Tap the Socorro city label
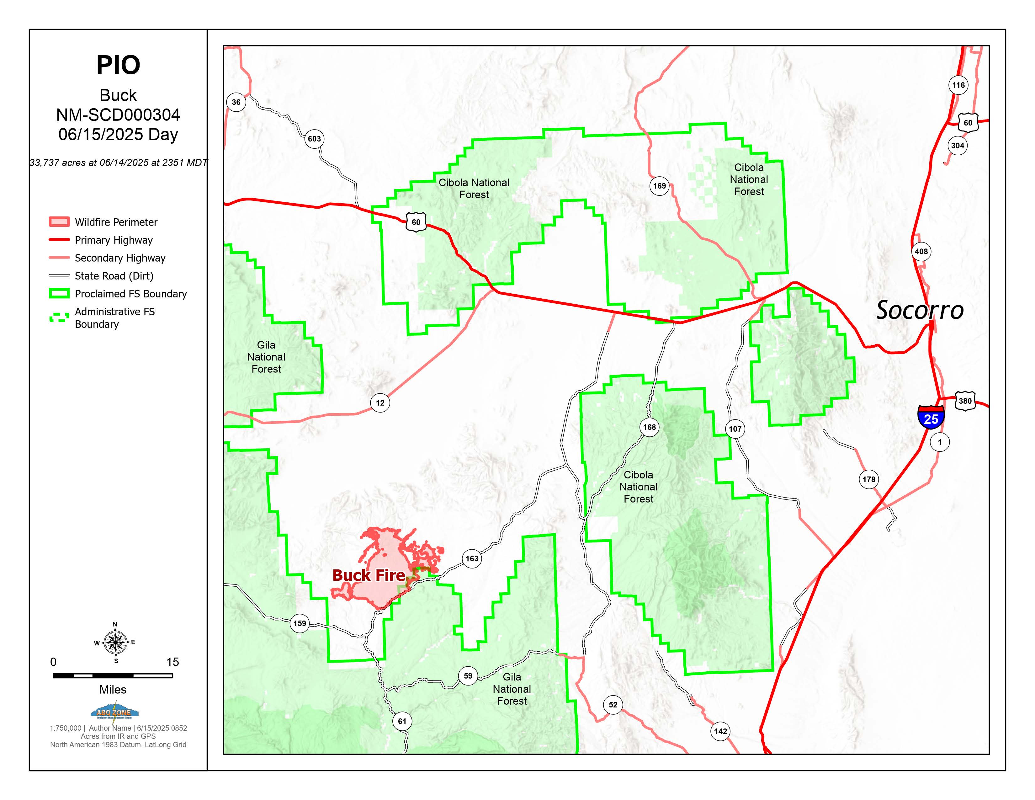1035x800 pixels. point(919,310)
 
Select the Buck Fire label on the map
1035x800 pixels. point(369,575)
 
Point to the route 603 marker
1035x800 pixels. point(314,139)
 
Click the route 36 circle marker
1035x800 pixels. point(236,102)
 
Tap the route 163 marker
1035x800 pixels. point(471,558)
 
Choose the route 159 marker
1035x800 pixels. point(300,623)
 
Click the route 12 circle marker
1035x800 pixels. point(380,403)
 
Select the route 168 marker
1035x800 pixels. point(649,427)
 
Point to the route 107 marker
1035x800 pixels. point(735,429)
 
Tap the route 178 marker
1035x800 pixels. point(869,479)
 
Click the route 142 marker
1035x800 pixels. point(720,731)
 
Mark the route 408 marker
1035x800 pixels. point(921,251)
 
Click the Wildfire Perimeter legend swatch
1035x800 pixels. point(59,222)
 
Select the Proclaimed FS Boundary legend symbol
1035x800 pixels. point(59,293)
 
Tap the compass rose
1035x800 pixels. point(115,642)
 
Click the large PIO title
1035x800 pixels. point(118,65)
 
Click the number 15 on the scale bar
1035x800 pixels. point(172,662)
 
